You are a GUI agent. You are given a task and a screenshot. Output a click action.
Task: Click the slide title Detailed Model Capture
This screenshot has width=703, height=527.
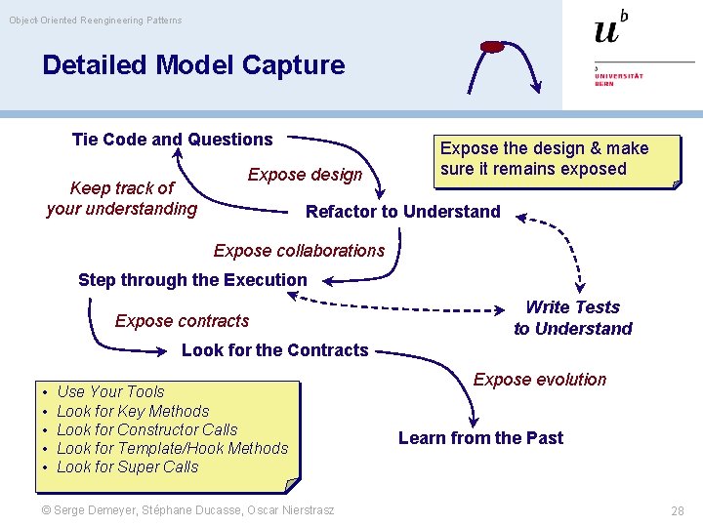pyautogui.click(x=193, y=65)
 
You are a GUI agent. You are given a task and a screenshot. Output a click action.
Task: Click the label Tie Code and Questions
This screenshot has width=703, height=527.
pyautogui.click(x=173, y=140)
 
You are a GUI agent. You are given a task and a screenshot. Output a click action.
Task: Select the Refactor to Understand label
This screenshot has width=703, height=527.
pyautogui.click(x=402, y=212)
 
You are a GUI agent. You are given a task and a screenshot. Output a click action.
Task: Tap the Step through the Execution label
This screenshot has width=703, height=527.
pyautogui.click(x=192, y=280)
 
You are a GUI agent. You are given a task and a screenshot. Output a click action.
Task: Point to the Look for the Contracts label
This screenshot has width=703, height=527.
pyautogui.click(x=275, y=350)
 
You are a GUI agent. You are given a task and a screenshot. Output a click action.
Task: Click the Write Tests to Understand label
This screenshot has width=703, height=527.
pyautogui.click(x=573, y=318)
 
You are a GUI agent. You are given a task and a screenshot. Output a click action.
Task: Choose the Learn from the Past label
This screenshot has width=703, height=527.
pyautogui.click(x=480, y=438)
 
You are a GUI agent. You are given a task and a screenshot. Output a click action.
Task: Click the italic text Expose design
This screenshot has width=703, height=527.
pyautogui.click(x=305, y=175)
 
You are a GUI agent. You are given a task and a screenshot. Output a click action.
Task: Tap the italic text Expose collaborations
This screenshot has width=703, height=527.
pyautogui.click(x=299, y=251)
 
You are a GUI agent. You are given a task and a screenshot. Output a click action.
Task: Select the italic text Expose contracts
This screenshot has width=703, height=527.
pyautogui.click(x=182, y=321)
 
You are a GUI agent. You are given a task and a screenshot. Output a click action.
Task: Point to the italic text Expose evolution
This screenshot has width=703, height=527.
pyautogui.click(x=540, y=380)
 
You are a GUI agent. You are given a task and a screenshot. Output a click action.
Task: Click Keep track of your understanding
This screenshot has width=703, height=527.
pyautogui.click(x=121, y=198)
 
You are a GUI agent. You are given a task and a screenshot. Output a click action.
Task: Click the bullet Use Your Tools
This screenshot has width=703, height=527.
pyautogui.click(x=110, y=392)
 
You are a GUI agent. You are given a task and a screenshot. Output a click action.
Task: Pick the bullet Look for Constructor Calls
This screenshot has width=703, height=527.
pyautogui.click(x=146, y=429)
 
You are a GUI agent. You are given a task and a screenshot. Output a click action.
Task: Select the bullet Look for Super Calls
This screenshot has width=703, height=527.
pyautogui.click(x=127, y=466)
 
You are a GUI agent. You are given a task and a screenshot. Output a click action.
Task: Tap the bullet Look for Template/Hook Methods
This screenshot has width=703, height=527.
pyautogui.click(x=172, y=448)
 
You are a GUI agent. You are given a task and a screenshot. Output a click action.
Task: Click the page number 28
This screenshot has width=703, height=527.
pyautogui.click(x=678, y=510)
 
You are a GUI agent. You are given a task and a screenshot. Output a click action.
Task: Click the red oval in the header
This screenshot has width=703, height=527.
pyautogui.click(x=493, y=47)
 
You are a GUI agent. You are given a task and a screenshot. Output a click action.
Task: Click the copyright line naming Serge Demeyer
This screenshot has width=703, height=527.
pyautogui.click(x=194, y=510)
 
